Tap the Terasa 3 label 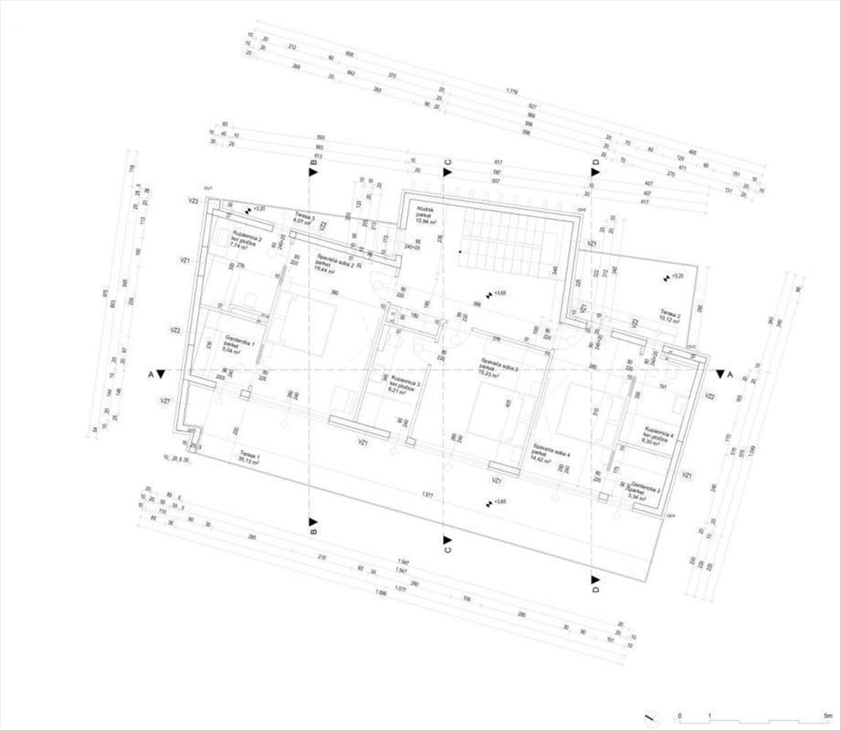pos(303,219)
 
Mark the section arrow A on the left pos(161,374)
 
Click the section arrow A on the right pos(720,374)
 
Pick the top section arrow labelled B pos(313,172)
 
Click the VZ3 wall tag pos(194,200)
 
